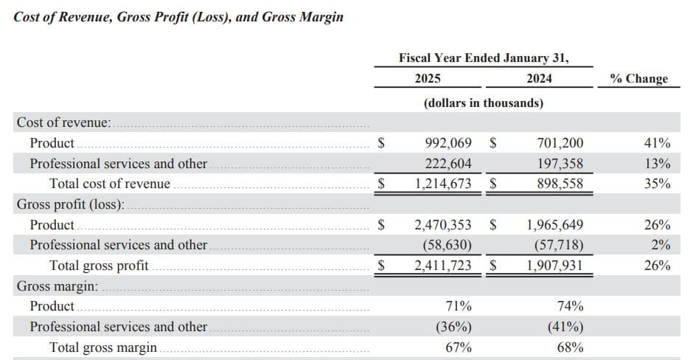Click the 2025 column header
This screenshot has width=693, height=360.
pyautogui.click(x=428, y=79)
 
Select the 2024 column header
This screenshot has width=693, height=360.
pyautogui.click(x=539, y=79)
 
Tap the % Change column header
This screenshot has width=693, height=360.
pyautogui.click(x=638, y=79)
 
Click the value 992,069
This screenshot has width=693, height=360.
pyautogui.click(x=449, y=143)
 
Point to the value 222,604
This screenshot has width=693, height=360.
pyautogui.click(x=449, y=164)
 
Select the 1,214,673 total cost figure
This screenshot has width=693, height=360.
pyautogui.click(x=443, y=184)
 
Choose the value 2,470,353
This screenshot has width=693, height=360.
pyautogui.click(x=443, y=225)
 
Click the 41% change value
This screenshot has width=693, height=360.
pyautogui.click(x=657, y=143)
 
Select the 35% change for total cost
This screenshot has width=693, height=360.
pyautogui.click(x=657, y=184)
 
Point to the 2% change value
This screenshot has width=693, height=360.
pyautogui.click(x=661, y=245)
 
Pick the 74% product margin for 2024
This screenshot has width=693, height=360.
pyautogui.click(x=571, y=306)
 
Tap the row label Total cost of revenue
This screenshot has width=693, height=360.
pyautogui.click(x=109, y=184)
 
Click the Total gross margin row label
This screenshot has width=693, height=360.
pyautogui.click(x=102, y=347)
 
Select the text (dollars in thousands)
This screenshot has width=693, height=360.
pyautogui.click(x=484, y=103)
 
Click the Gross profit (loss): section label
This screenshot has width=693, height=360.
pyautogui.click(x=71, y=204)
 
